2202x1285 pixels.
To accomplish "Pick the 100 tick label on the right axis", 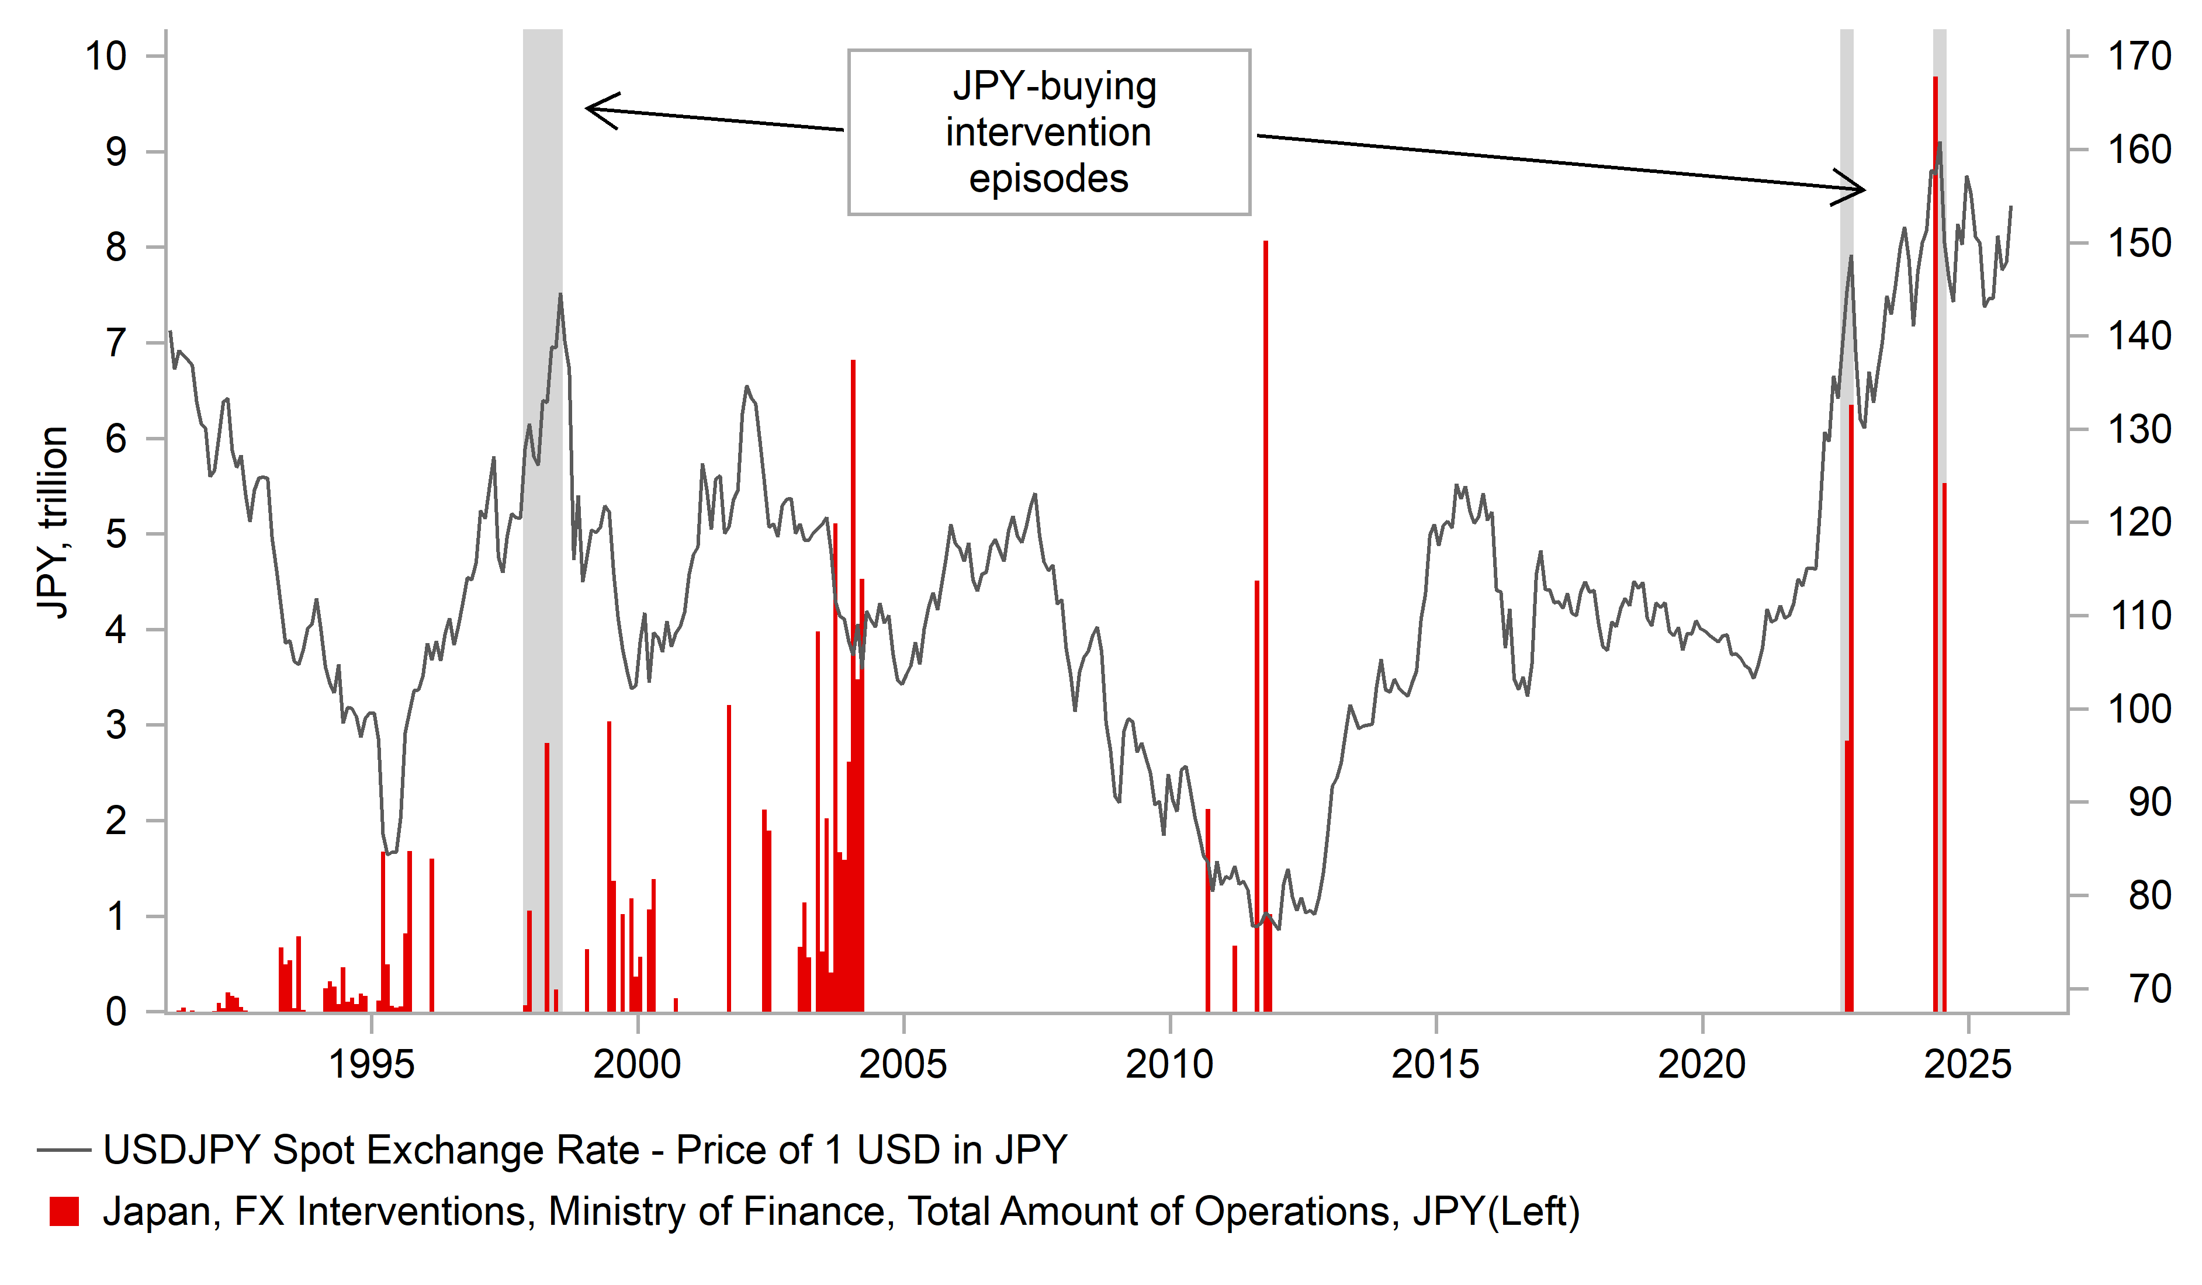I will pyautogui.click(x=2139, y=709).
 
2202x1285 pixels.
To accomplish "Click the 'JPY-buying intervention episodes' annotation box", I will pyautogui.click(x=1048, y=132).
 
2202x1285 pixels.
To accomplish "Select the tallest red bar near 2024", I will pyautogui.click(x=1936, y=524).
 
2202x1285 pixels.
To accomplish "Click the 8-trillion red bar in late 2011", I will pyautogui.click(x=1265, y=612).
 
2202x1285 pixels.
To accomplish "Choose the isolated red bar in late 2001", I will pyautogui.click(x=729, y=856).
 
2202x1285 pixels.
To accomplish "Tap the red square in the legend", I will pyautogui.click(x=64, y=1211).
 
